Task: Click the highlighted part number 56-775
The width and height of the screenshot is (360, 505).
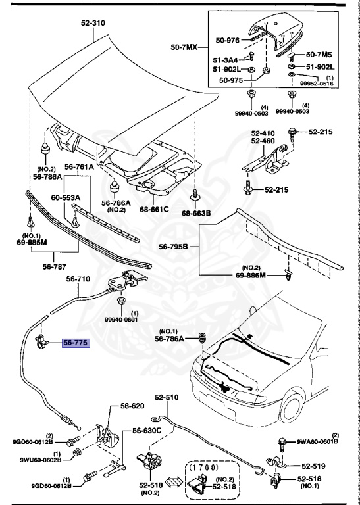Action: (76, 343)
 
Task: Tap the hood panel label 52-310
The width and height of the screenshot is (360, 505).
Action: (93, 23)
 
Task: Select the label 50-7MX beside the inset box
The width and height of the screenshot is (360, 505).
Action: (184, 47)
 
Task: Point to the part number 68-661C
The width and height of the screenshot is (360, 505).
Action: (154, 209)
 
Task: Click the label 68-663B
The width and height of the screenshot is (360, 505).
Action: (196, 213)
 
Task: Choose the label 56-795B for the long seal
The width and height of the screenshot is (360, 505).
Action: (173, 247)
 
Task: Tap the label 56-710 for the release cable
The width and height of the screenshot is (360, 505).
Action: (78, 279)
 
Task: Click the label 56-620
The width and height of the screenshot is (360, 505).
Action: (132, 406)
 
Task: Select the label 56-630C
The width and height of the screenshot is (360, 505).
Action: (147, 431)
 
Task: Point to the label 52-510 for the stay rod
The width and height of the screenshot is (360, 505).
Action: (167, 398)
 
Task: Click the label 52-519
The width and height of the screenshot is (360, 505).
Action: (313, 466)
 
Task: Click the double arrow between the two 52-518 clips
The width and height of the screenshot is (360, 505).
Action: (174, 482)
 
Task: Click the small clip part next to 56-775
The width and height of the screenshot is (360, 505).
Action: (41, 341)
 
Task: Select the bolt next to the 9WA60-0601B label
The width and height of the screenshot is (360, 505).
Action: (282, 445)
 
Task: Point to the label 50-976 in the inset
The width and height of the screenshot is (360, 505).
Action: (228, 41)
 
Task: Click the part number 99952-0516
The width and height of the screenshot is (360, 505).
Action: (317, 84)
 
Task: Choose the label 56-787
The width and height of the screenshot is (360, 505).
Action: (54, 267)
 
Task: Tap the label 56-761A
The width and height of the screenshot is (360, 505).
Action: (79, 167)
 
